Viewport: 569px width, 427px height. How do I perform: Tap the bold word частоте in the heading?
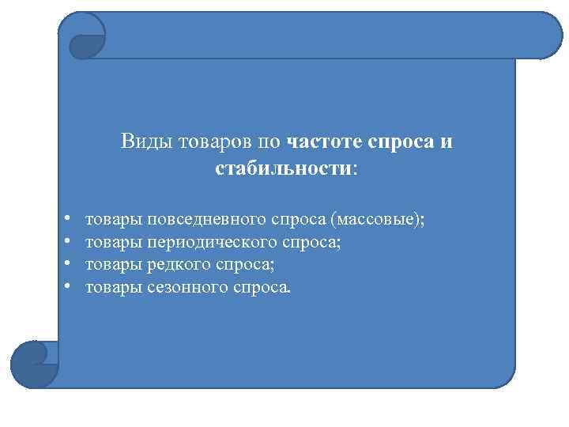[x=322, y=142]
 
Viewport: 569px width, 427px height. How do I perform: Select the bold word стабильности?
[x=283, y=168]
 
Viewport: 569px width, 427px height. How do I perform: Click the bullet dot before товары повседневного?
[x=69, y=218]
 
